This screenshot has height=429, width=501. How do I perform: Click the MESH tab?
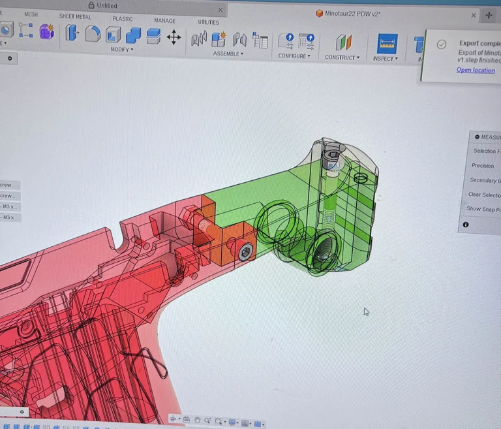(x=31, y=14)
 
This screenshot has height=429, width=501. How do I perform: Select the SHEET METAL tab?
(x=75, y=16)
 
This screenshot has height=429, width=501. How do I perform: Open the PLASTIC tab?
(x=122, y=19)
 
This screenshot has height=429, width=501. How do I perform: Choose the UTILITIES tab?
(x=208, y=22)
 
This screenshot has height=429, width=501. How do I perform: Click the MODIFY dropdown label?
(x=121, y=49)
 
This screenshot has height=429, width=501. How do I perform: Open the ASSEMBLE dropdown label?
(x=228, y=54)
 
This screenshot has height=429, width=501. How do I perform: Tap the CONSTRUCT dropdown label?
(x=342, y=57)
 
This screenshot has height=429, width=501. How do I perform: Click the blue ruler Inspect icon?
(x=387, y=43)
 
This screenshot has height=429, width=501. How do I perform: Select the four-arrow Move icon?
(x=174, y=37)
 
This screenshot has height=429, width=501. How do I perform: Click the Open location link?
(x=476, y=71)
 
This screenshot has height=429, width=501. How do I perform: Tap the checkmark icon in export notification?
(x=442, y=44)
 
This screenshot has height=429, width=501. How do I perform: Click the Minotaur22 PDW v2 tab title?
(x=352, y=13)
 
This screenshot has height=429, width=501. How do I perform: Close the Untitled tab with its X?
(x=220, y=10)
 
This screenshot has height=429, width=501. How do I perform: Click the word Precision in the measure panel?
(x=483, y=166)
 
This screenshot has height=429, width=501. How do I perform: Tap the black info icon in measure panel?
(x=466, y=225)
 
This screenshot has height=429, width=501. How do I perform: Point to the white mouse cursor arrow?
(x=366, y=311)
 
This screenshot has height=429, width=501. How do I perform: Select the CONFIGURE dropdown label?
(x=292, y=56)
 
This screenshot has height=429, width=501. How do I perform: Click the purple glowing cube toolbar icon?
(x=46, y=31)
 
